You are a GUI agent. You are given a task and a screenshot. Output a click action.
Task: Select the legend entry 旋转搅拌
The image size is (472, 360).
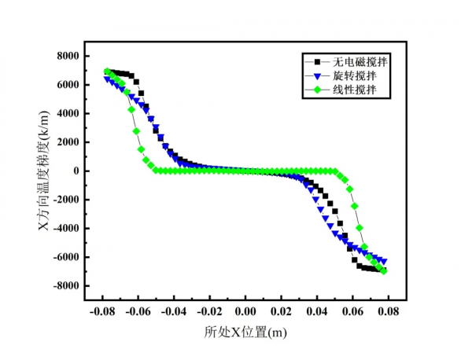pyautogui.click(x=355, y=76)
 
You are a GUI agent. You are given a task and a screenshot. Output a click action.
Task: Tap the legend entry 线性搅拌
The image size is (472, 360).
pyautogui.click(x=355, y=90)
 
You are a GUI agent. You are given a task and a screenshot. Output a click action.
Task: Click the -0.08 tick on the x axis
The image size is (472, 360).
pyautogui.click(x=102, y=312)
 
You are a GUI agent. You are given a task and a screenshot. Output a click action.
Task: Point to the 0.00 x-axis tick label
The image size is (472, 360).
pyautogui.click(x=245, y=312)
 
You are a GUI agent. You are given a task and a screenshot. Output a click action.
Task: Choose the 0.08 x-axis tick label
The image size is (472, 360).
pyautogui.click(x=388, y=312)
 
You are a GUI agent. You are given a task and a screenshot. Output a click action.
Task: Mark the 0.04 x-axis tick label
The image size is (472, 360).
pyautogui.click(x=316, y=312)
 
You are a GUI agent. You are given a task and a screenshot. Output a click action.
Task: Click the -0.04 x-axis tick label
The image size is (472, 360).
pyautogui.click(x=174, y=312)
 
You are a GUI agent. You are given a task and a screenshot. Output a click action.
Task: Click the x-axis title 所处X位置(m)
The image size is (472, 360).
pyautogui.click(x=245, y=332)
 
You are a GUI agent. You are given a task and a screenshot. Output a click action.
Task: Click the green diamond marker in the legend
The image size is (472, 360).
pyautogui.click(x=318, y=90)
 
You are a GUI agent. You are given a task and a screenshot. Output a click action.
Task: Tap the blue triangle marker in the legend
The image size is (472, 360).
pyautogui.click(x=318, y=76)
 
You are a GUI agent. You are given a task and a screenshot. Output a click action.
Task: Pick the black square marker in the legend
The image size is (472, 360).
pyautogui.click(x=318, y=61)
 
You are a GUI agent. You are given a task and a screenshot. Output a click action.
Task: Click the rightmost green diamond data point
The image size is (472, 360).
pyautogui.click(x=384, y=271)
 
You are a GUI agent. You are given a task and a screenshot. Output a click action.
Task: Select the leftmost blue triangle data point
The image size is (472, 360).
pyautogui.click(x=107, y=79)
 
